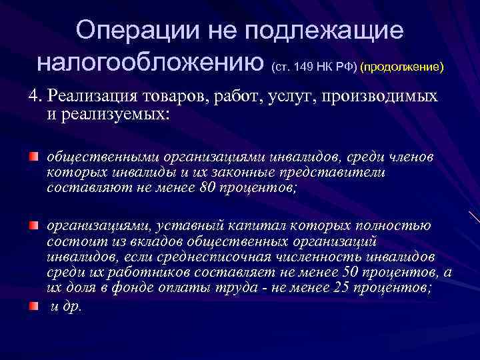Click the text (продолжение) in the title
[x=401, y=68]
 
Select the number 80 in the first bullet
[x=207, y=188]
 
